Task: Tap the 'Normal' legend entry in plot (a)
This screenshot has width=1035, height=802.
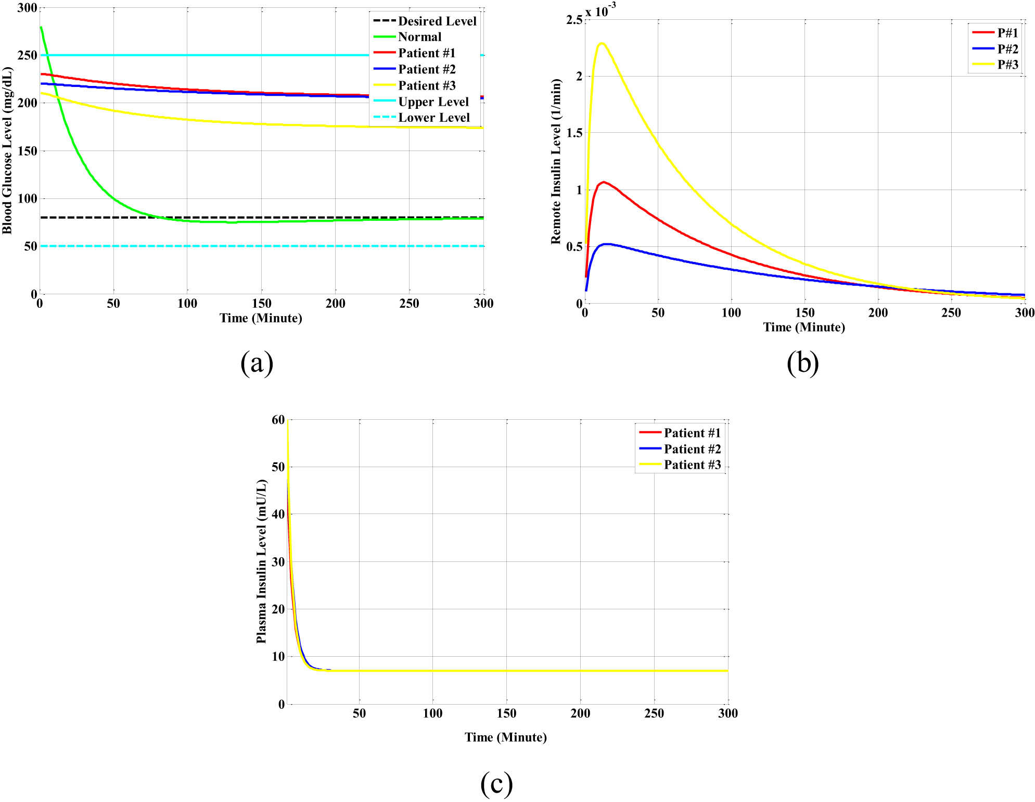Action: click(419, 37)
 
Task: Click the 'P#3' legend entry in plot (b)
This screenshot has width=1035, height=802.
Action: click(1007, 65)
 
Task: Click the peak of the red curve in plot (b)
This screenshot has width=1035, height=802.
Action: click(603, 182)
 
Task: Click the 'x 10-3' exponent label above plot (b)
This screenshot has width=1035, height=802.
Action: click(600, 10)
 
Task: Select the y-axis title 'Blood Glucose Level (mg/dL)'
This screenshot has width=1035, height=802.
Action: click(7, 151)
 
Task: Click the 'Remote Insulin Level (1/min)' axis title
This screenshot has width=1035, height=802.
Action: click(556, 161)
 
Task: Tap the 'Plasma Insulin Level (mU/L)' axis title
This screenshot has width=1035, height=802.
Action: click(261, 562)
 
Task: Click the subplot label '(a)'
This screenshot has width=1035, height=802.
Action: click(257, 363)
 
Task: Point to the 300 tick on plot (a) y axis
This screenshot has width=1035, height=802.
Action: click(27, 8)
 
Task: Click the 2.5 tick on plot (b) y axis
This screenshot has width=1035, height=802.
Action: click(574, 20)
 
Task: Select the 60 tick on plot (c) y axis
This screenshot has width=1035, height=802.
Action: click(278, 420)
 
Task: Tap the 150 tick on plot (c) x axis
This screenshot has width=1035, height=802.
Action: click(506, 713)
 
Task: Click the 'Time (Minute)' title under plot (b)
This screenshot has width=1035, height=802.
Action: click(803, 327)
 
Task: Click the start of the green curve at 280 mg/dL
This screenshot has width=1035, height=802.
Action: click(41, 28)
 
